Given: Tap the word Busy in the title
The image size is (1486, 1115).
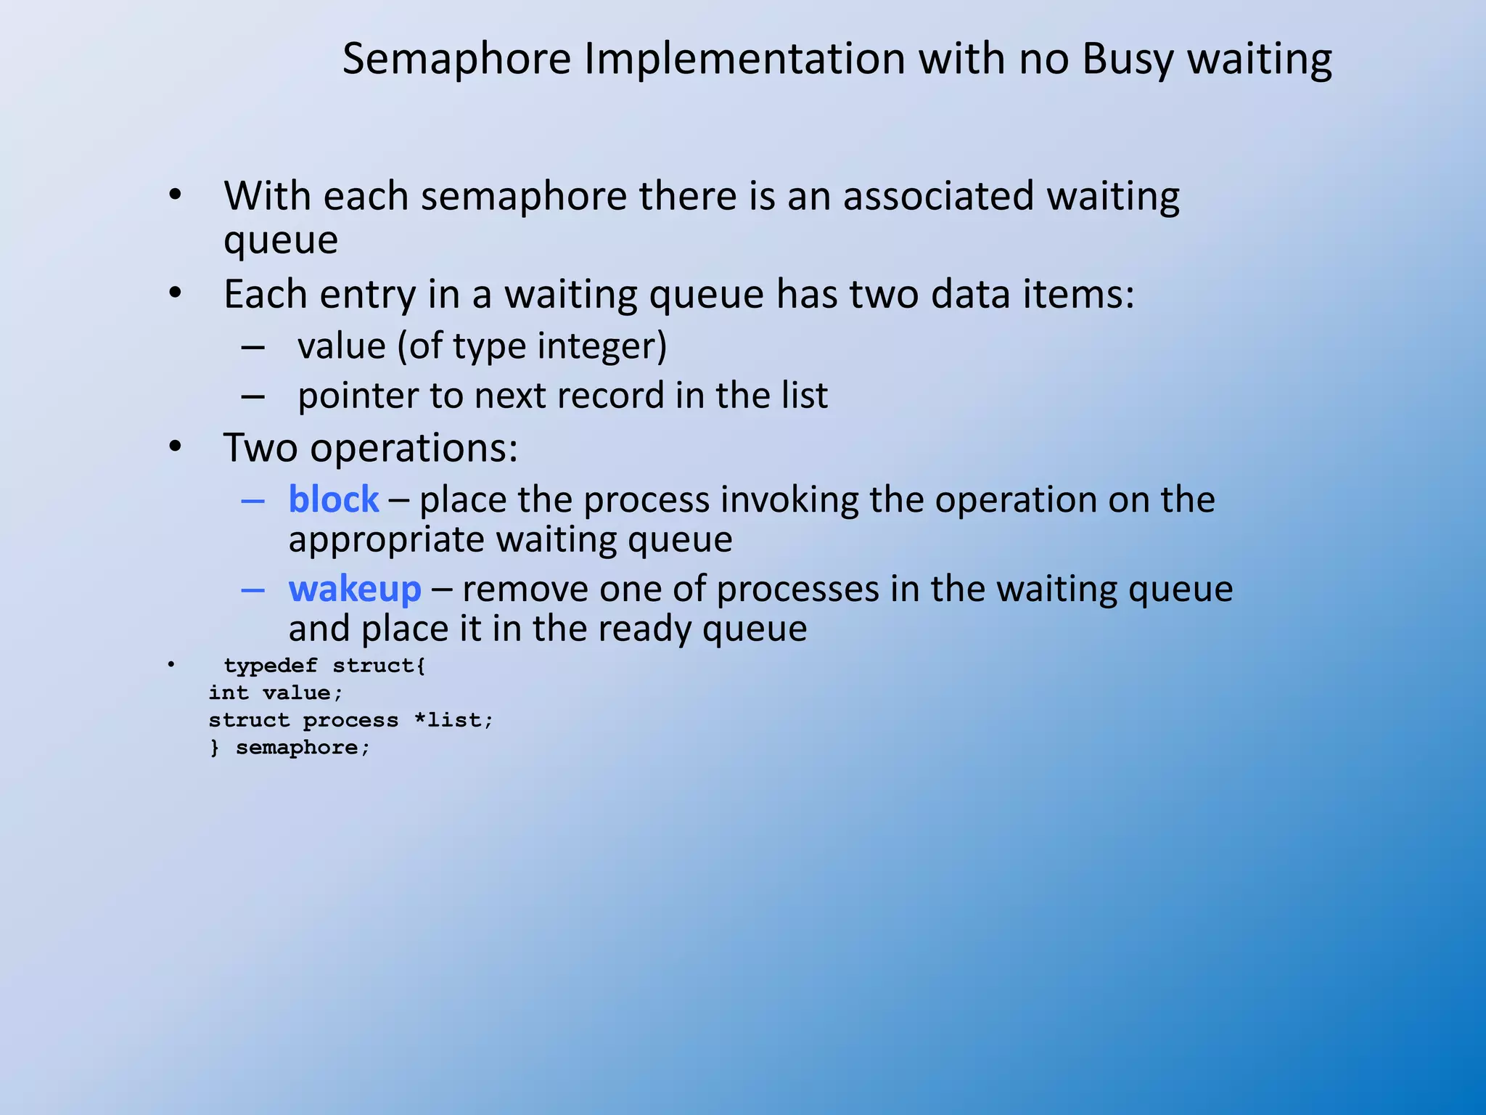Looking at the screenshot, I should pos(1127,60).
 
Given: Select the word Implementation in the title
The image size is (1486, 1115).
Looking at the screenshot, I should pos(744,60).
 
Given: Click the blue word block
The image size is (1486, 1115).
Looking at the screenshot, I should pos(334,500).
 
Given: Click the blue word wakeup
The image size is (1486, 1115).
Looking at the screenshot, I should pos(355,589).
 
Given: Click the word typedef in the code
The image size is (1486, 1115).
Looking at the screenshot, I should pos(271,666).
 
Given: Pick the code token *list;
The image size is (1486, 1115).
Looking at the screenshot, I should pos(453,720).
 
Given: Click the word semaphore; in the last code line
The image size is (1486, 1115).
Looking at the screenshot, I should pos(303,748).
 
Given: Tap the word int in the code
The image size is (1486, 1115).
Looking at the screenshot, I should pos(229,693).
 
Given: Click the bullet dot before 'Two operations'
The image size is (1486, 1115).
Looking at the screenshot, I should pos(175,447).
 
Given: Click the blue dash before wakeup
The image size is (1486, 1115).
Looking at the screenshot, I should pos(253,589).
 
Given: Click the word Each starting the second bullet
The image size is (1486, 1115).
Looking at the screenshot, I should pos(266,295).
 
